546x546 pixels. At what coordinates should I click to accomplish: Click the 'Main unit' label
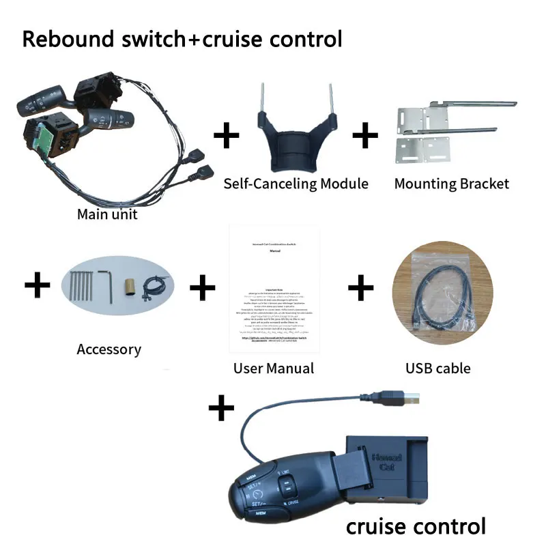[x=107, y=214]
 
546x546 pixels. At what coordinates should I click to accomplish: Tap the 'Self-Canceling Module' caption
[x=296, y=184]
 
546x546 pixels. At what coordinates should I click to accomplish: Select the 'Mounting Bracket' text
[x=452, y=184]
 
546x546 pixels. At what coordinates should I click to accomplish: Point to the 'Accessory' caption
[x=109, y=349]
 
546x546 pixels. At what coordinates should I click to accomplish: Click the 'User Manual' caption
[x=274, y=369]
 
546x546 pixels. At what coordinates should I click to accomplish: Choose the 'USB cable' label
[x=438, y=369]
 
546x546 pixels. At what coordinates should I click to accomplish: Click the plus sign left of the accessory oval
[x=38, y=286]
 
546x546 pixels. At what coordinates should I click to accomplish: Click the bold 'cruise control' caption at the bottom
[x=416, y=526]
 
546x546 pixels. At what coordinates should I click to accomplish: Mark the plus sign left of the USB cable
[x=361, y=287]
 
